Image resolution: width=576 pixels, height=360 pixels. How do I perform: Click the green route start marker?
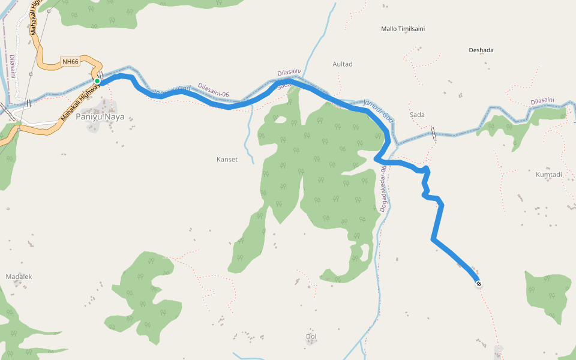tap(97, 81)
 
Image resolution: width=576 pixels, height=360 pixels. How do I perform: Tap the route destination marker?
tap(478, 284)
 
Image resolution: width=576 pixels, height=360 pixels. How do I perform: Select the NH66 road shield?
tap(70, 61)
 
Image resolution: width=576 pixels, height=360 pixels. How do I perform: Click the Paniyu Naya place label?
tap(100, 116)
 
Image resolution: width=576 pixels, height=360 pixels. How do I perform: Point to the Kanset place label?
tap(227, 160)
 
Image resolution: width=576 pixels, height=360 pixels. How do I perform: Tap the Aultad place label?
tap(343, 64)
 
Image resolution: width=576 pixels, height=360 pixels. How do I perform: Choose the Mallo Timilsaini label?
tap(407, 29)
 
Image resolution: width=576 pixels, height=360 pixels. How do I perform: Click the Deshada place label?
tap(481, 50)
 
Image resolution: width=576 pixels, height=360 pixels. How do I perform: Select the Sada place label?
tap(416, 115)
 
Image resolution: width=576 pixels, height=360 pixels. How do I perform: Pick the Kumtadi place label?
tap(548, 175)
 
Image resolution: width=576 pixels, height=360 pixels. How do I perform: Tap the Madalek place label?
tap(19, 277)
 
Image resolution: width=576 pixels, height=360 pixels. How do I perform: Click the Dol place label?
tap(311, 336)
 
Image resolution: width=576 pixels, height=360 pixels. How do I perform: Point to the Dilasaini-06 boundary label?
tap(214, 90)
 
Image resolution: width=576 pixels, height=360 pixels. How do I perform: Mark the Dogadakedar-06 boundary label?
tap(383, 189)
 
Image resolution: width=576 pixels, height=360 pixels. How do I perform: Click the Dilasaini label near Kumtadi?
tap(542, 102)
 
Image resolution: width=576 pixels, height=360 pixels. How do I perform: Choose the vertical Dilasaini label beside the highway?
tap(13, 67)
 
